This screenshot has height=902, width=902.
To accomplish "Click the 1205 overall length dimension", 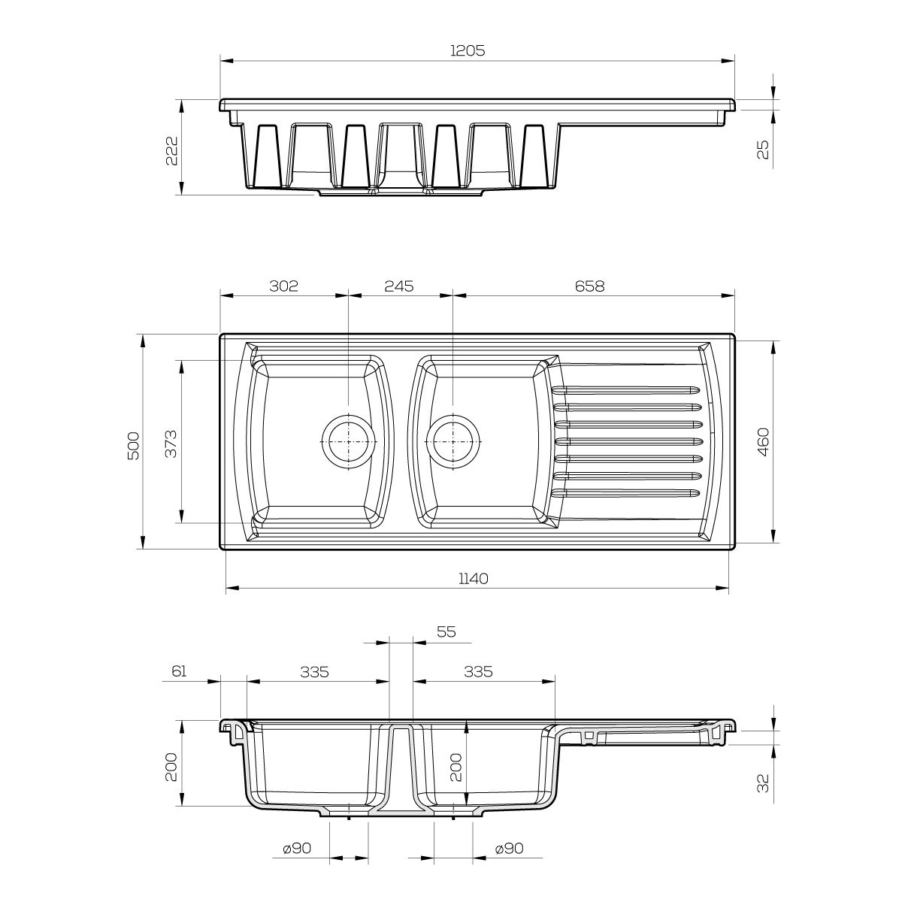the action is (468, 50).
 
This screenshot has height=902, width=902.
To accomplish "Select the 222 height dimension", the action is (172, 150).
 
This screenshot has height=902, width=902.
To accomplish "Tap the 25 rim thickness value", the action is (764, 150).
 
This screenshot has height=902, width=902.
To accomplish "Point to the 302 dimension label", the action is (283, 286).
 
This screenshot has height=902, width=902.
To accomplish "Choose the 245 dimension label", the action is (399, 286).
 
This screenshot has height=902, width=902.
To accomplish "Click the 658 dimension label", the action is (590, 286).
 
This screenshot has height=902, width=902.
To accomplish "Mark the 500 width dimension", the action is (133, 445).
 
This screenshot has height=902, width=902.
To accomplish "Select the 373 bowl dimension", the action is (171, 443).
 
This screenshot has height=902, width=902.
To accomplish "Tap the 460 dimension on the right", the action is (763, 442).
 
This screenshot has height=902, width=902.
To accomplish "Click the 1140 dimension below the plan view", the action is (474, 579).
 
